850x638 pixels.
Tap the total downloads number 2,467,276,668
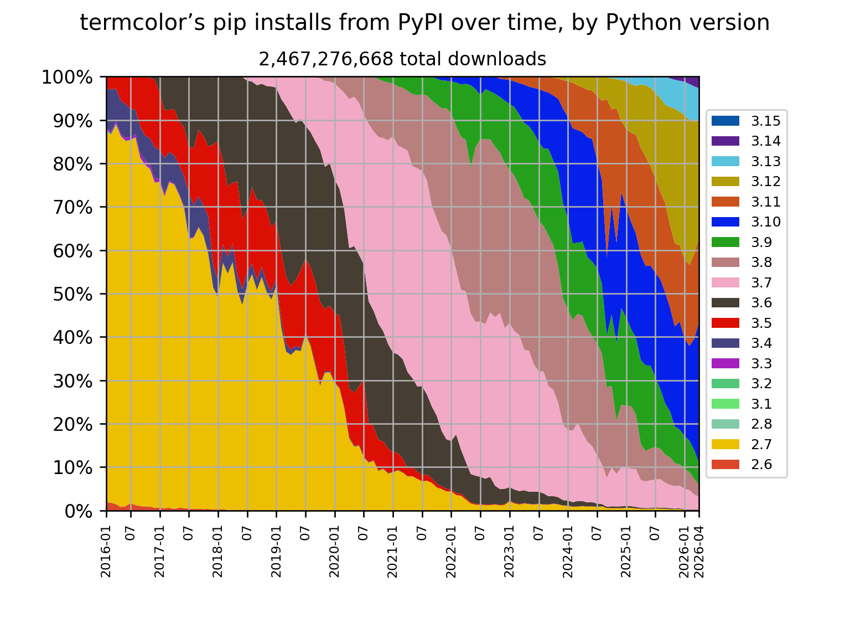click(x=326, y=59)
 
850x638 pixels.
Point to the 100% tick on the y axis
click(x=67, y=77)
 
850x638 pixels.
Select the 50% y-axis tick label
click(x=73, y=295)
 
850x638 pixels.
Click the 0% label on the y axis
click(x=79, y=512)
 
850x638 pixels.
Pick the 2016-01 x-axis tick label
click(x=106, y=551)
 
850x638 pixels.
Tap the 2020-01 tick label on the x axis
click(x=334, y=551)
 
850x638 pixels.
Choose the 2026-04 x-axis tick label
click(x=698, y=551)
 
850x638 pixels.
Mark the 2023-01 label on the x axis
click(x=509, y=551)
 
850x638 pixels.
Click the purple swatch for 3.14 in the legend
click(x=725, y=141)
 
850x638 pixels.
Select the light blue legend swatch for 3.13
click(x=725, y=161)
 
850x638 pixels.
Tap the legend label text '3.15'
click(x=765, y=121)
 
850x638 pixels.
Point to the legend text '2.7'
click(x=761, y=444)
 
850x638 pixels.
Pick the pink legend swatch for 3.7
click(x=725, y=282)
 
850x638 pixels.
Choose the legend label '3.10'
click(x=765, y=222)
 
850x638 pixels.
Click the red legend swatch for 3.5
click(x=725, y=323)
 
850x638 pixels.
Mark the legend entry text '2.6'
click(x=761, y=465)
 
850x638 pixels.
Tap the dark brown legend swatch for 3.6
click(x=725, y=302)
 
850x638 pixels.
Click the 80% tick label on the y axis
click(x=73, y=164)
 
